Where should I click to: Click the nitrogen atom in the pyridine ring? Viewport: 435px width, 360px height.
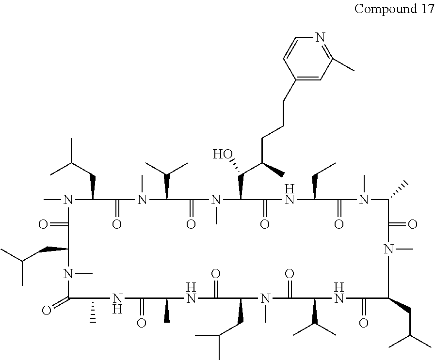pyautogui.click(x=319, y=37)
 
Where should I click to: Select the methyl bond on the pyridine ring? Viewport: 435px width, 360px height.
pyautogui.click(x=343, y=65)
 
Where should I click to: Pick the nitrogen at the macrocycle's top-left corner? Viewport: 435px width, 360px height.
pyautogui.click(x=68, y=199)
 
